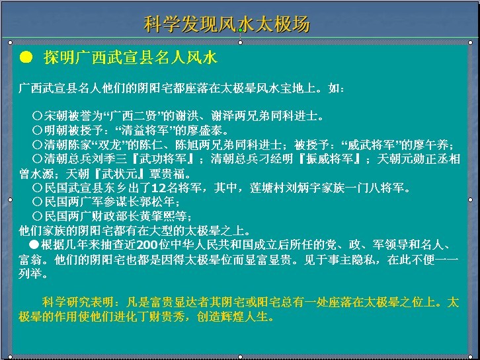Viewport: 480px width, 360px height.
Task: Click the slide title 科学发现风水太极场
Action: click(x=227, y=24)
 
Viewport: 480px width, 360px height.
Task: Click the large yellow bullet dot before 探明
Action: click(x=26, y=57)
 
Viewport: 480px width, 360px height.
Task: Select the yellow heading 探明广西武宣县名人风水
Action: click(x=130, y=57)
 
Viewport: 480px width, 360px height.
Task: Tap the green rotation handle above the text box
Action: click(x=240, y=30)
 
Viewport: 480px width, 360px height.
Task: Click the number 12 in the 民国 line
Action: click(x=159, y=188)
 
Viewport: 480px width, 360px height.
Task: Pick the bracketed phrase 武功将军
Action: click(x=163, y=159)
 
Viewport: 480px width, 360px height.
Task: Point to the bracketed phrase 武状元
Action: click(x=120, y=174)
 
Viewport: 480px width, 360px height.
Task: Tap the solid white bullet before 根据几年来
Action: click(x=34, y=244)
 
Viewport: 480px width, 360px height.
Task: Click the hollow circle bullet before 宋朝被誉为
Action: click(x=37, y=116)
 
